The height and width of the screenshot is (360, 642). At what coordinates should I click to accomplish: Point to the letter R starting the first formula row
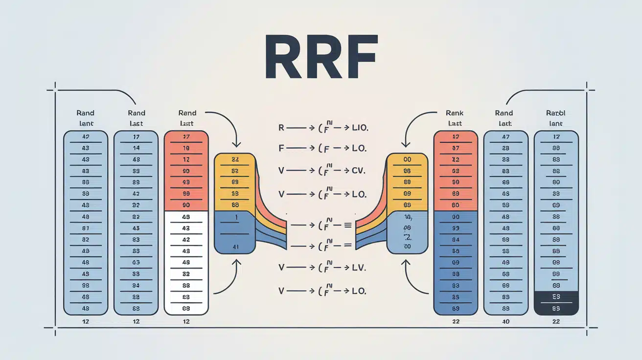(281, 128)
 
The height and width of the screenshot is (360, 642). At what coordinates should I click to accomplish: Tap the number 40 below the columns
(505, 321)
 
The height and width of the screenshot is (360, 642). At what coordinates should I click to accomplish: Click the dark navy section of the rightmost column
(556, 302)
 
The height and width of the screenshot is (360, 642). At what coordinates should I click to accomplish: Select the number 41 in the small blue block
(236, 247)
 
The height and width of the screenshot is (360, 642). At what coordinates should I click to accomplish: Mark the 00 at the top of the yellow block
(407, 159)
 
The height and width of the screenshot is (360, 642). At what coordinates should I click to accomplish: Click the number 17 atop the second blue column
(136, 137)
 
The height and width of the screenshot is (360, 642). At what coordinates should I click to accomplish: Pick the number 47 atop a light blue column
(505, 137)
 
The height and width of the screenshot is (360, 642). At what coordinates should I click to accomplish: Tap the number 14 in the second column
(136, 148)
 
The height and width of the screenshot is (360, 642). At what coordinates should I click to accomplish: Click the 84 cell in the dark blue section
(456, 240)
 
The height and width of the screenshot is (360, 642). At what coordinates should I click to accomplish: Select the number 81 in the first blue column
(85, 228)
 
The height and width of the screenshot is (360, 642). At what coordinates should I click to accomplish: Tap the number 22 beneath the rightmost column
(556, 321)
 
